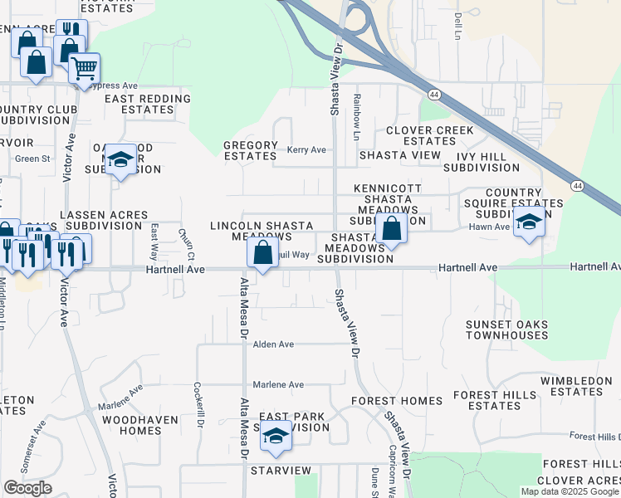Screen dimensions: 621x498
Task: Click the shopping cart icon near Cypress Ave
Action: click(x=84, y=68)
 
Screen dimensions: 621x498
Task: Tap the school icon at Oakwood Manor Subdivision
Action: click(x=120, y=160)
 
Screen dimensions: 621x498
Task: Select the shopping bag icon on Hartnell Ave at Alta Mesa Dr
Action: click(x=262, y=253)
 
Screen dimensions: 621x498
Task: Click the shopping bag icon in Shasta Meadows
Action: click(x=391, y=228)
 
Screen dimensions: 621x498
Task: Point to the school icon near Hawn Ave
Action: click(x=529, y=222)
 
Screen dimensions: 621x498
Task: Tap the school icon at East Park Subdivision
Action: click(x=276, y=437)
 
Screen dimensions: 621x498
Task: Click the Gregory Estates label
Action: click(x=250, y=150)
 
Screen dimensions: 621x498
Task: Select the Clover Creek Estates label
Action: click(x=429, y=135)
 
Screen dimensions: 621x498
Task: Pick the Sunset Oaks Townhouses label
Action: click(x=506, y=330)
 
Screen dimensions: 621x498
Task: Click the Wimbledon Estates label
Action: click(x=576, y=386)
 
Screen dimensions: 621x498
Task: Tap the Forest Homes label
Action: click(x=397, y=400)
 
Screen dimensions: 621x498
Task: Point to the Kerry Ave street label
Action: click(x=306, y=150)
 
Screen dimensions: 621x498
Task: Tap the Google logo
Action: click(x=27, y=488)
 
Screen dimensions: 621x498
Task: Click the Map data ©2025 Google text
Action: click(x=569, y=491)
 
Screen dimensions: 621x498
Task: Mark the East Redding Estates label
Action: click(x=148, y=104)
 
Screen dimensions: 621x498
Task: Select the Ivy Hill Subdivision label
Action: click(x=481, y=161)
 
